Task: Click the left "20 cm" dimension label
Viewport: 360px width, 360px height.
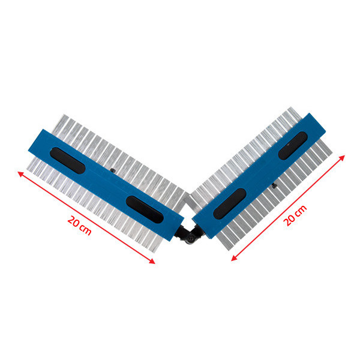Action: point(79,226)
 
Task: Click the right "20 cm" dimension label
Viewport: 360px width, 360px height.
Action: point(295,215)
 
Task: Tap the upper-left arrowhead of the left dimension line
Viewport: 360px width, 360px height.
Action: point(21,174)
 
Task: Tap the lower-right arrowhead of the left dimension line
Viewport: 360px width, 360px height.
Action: point(152,261)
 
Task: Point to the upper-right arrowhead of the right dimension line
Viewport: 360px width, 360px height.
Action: point(342,158)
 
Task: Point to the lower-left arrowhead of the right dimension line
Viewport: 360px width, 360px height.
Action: point(234,258)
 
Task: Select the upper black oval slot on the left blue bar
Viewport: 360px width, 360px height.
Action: point(67,160)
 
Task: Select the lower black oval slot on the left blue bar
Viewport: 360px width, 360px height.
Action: point(145,209)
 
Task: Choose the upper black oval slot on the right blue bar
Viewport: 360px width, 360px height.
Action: point(293,146)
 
